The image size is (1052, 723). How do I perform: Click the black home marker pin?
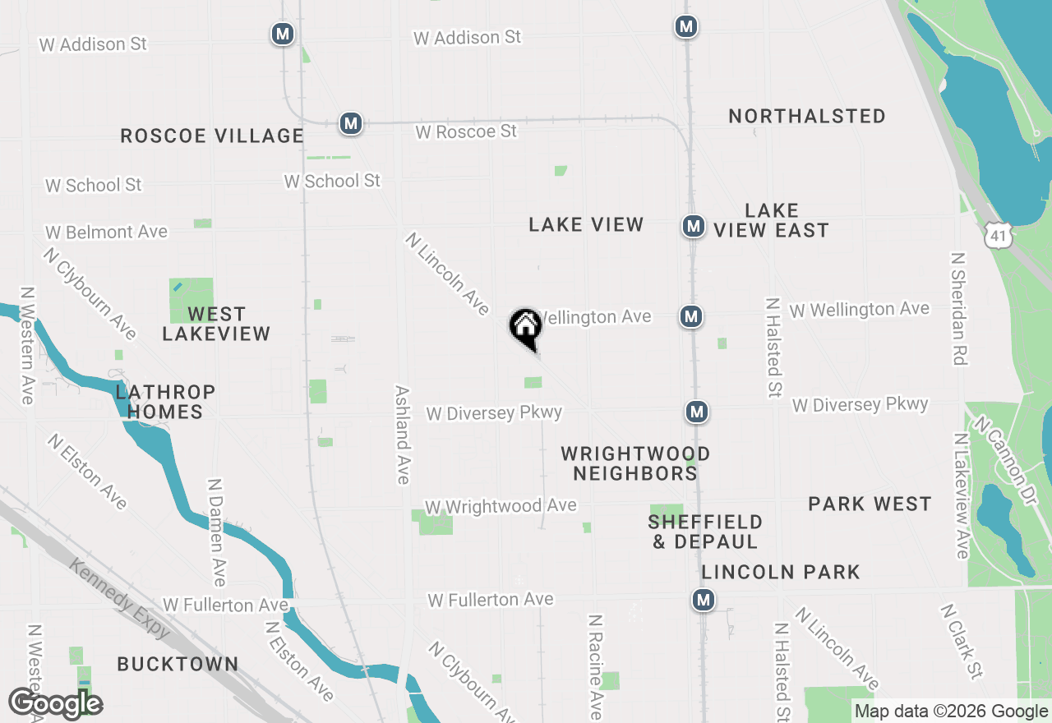[x=526, y=326]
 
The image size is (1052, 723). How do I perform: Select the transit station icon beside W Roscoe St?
[x=351, y=124]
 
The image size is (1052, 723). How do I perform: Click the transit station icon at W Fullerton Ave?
[x=703, y=600]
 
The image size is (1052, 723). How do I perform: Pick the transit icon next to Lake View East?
[x=693, y=225]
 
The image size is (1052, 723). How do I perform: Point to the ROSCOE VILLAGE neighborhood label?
[x=212, y=136]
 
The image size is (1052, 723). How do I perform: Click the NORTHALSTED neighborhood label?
[x=807, y=116]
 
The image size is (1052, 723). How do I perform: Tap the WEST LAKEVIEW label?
[x=216, y=324]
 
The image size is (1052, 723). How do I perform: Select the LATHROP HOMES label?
[x=165, y=402]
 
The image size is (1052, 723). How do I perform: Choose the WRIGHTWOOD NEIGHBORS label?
[x=635, y=463]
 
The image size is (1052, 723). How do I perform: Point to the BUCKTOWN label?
[x=178, y=664]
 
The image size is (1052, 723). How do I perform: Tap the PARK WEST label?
[x=870, y=504]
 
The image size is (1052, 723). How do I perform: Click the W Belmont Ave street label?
[x=106, y=233]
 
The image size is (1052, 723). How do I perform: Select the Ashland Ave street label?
[x=402, y=435]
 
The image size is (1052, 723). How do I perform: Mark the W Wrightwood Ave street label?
[x=501, y=506]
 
